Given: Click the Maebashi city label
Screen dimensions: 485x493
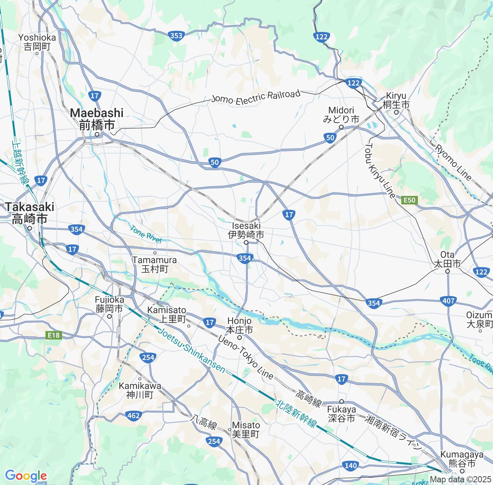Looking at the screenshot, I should pyautogui.click(x=97, y=119).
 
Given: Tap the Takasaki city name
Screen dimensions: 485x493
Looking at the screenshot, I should pyautogui.click(x=30, y=212).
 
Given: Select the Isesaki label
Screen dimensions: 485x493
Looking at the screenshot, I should pyautogui.click(x=246, y=230).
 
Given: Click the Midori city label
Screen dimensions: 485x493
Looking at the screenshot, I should pyautogui.click(x=341, y=115).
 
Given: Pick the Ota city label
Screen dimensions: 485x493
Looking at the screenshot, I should pyautogui.click(x=447, y=259).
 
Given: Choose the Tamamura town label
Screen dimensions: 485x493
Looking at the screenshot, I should pyautogui.click(x=154, y=264).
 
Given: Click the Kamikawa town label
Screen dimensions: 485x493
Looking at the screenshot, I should pyautogui.click(x=140, y=390).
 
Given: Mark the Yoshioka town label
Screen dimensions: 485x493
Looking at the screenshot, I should pyautogui.click(x=37, y=42).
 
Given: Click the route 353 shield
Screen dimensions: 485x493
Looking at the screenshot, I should pyautogui.click(x=176, y=36).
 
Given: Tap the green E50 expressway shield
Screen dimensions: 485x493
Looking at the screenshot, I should pyautogui.click(x=409, y=200).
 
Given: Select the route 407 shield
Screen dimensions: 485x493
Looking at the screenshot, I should pyautogui.click(x=449, y=301).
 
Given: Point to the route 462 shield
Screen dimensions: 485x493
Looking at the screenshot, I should pyautogui.click(x=133, y=415).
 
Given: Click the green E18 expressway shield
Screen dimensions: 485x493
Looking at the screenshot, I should pyautogui.click(x=54, y=335).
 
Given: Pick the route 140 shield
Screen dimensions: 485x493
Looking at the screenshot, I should pyautogui.click(x=350, y=466).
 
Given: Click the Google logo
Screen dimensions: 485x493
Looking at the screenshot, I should pyautogui.click(x=26, y=476).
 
